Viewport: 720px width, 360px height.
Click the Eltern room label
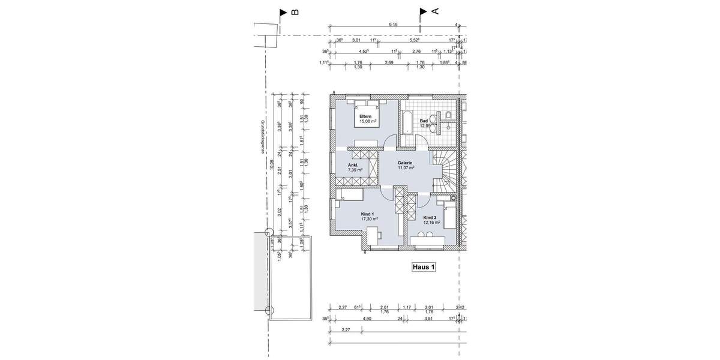365,116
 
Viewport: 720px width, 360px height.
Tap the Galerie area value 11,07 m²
406,168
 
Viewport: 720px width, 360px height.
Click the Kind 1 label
368,214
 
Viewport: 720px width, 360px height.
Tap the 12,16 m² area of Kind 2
431,222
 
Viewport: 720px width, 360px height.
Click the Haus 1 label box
422,268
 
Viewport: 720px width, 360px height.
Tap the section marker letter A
436,11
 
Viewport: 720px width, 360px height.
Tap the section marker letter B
295,12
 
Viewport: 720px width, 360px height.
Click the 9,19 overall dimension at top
394,25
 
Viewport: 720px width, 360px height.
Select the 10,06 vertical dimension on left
272,165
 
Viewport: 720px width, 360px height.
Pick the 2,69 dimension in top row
389,63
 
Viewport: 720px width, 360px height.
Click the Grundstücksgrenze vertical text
262,137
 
